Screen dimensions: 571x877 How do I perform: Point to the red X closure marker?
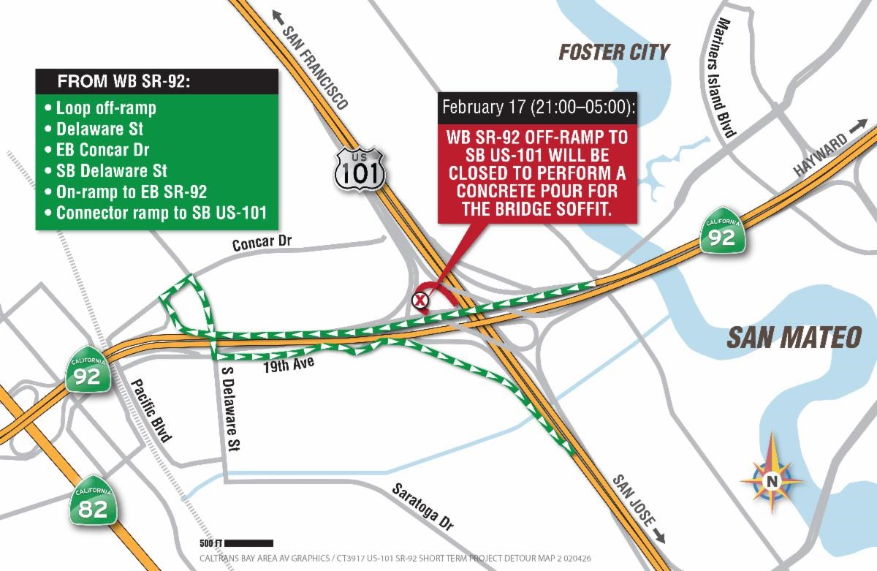coord(420,299)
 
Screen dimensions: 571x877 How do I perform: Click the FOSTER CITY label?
coord(614,52)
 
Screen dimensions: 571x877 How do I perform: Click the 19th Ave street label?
coord(289,364)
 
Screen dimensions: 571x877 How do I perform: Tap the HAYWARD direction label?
coord(820,154)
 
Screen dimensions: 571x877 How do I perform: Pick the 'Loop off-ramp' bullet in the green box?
coord(106,108)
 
